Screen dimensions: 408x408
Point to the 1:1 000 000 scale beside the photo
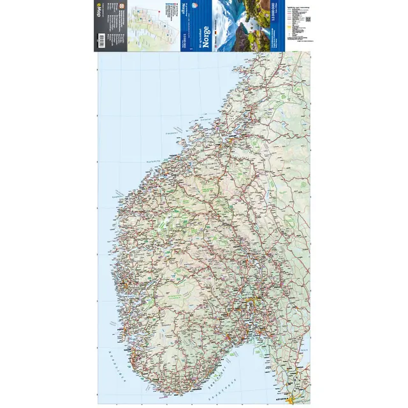click(x=273, y=25)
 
